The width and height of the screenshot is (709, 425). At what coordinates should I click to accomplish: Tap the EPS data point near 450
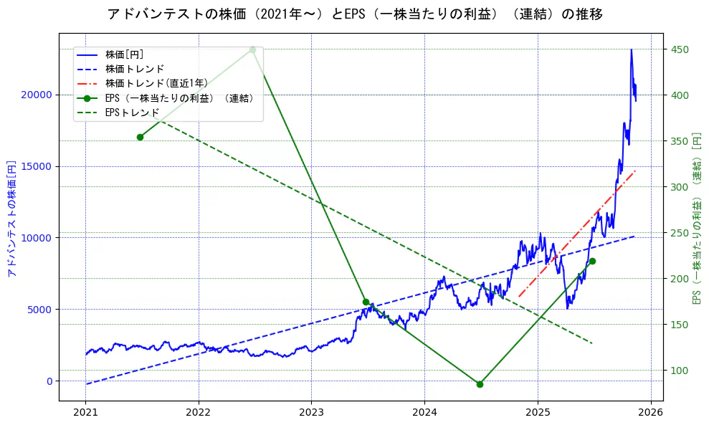252,49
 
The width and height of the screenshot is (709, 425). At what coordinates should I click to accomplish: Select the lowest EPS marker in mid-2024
480,384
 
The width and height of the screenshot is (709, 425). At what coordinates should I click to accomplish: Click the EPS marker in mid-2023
366,302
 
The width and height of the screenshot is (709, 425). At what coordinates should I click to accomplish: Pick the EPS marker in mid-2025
592,261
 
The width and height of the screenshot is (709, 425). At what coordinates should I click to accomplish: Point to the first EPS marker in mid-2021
140,137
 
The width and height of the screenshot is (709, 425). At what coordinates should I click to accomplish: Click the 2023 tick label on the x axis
311,412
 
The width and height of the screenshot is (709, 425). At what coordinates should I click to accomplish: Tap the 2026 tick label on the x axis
650,412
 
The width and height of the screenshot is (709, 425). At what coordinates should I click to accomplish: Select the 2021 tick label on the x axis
85,412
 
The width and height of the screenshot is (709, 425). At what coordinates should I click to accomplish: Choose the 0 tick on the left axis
49,381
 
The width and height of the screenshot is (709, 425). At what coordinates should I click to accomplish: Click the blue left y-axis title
11,219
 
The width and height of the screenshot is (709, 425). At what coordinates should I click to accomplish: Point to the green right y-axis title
697,219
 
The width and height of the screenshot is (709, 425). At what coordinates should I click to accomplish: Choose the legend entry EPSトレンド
132,113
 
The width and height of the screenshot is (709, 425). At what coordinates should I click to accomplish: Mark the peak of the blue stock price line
631,49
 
